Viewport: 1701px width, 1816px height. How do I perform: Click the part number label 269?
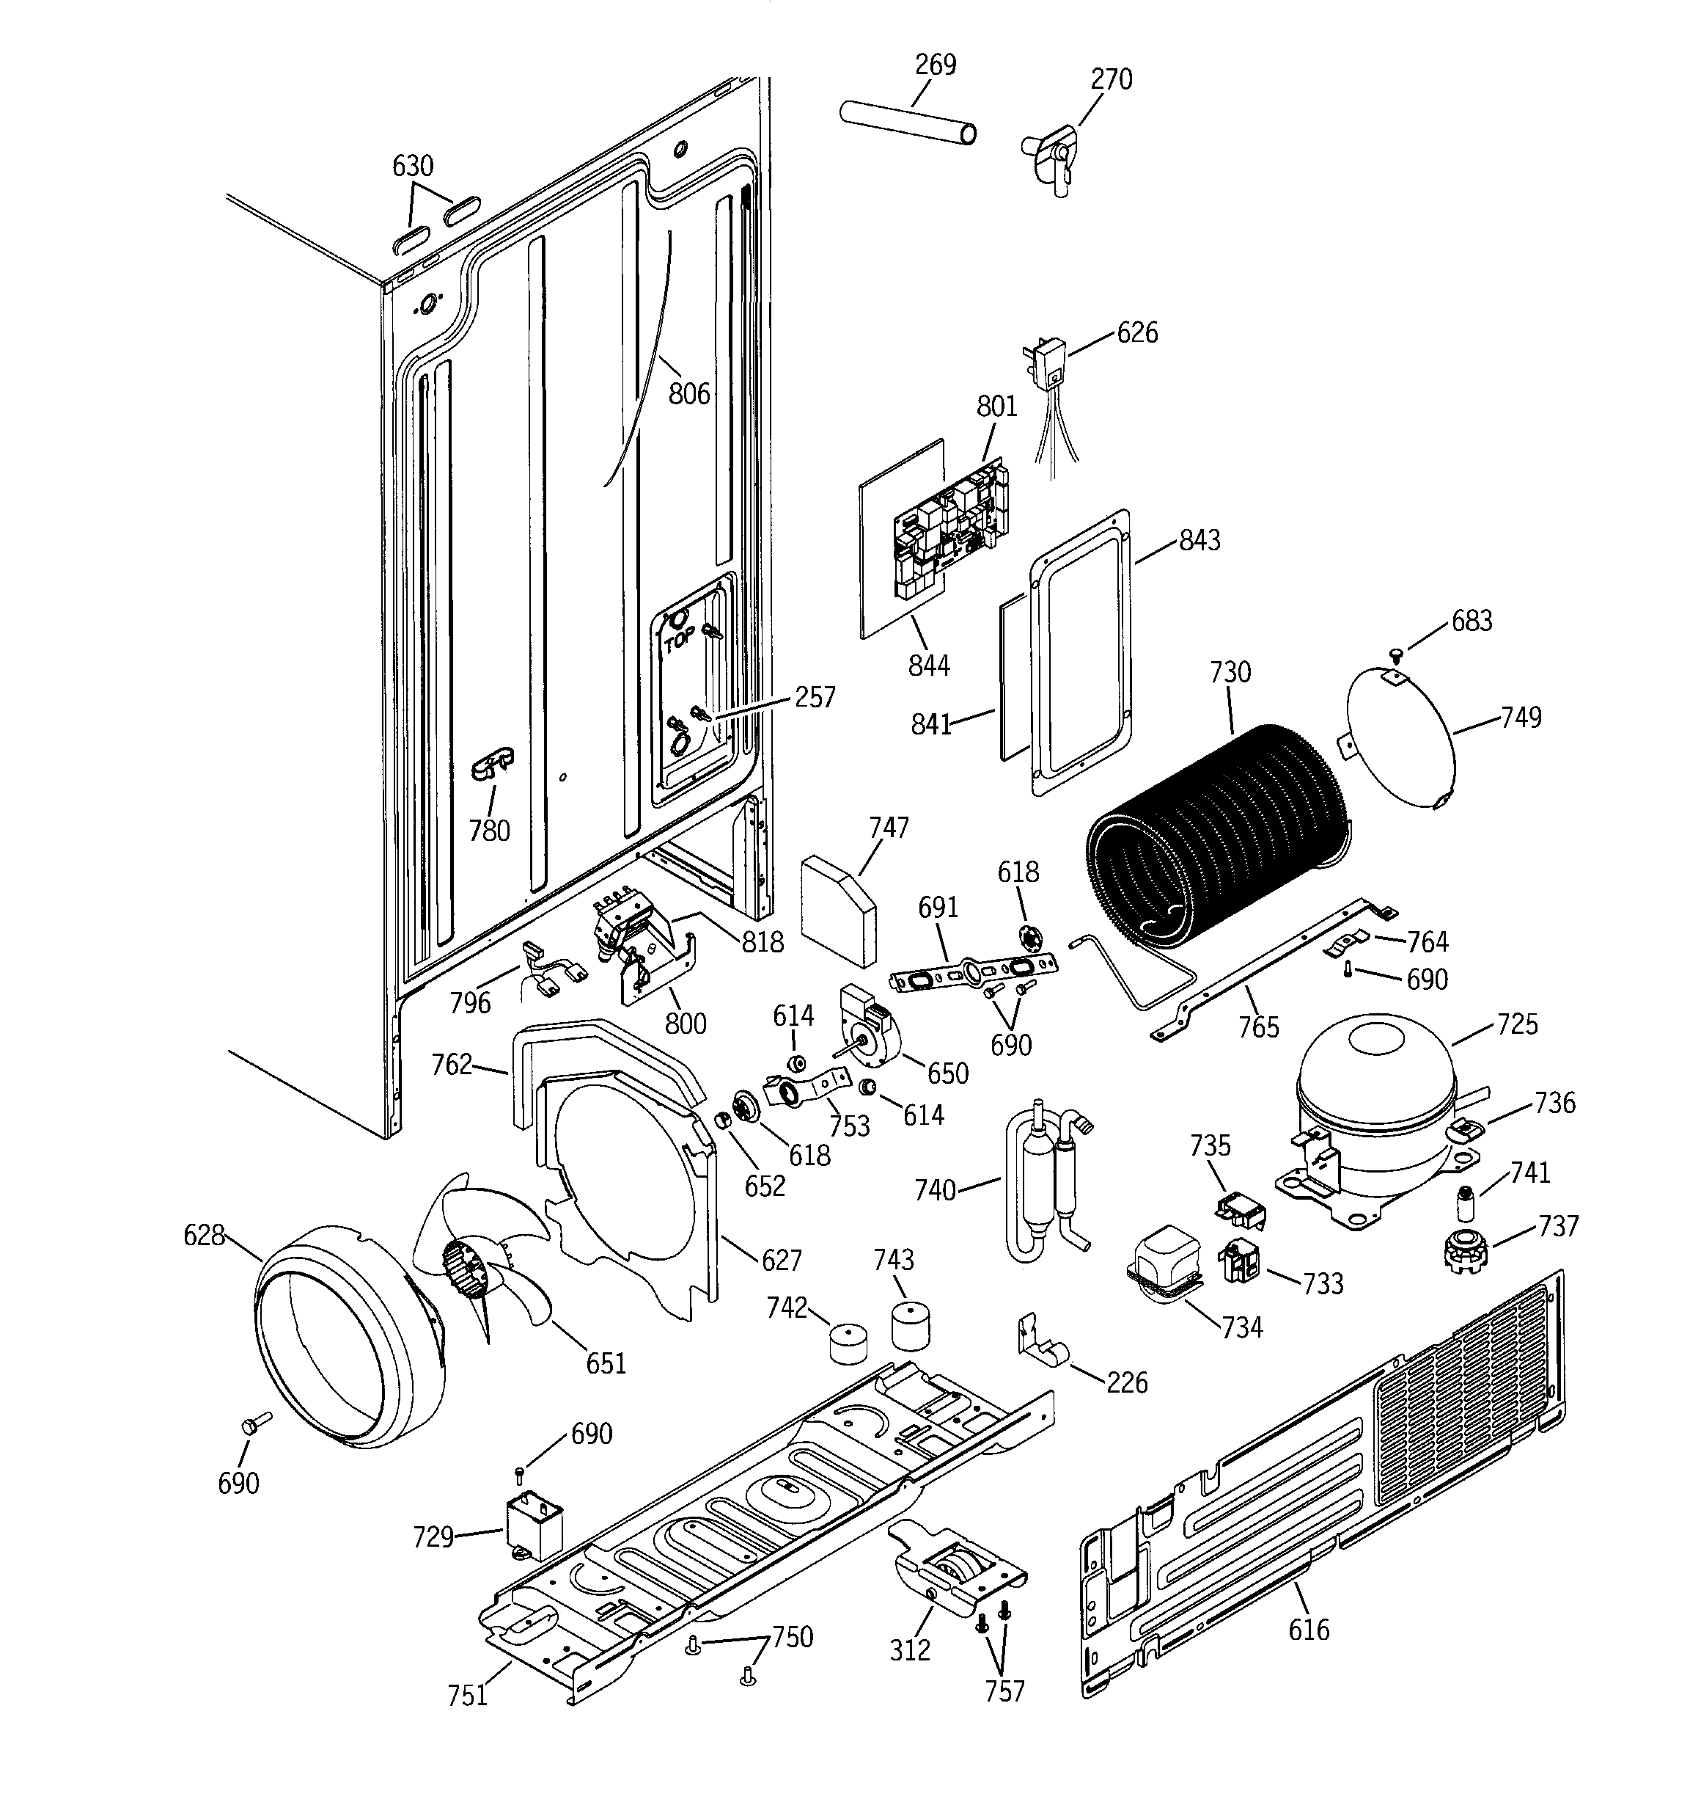click(935, 65)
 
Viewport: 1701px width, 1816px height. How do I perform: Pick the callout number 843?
click(1199, 540)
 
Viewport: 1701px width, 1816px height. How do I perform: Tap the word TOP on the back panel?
click(678, 643)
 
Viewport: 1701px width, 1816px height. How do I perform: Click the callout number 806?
click(688, 394)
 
